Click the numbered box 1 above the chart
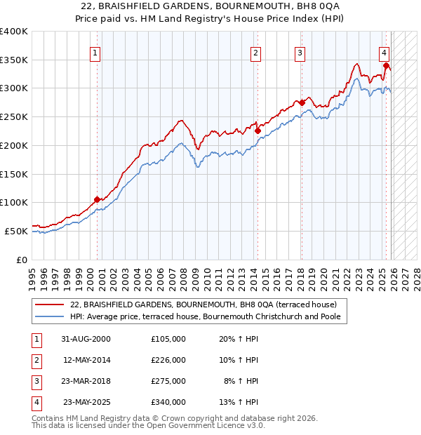95,52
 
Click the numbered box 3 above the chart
300,52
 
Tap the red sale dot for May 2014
258,130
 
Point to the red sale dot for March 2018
302,102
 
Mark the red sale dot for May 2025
386,65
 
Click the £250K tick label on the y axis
14,116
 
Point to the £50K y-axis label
16,231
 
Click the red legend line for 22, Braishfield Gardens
50,305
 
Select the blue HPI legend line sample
50,317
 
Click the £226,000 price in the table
168,359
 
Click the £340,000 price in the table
168,403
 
